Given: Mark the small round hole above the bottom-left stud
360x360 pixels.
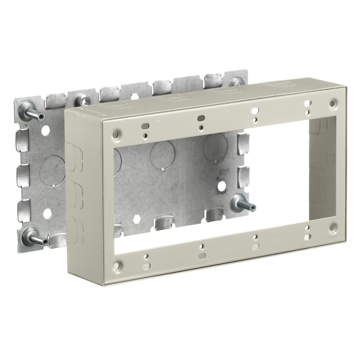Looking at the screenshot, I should pos(46,214).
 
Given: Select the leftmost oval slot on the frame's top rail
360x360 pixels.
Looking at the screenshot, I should pos(146,125).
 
